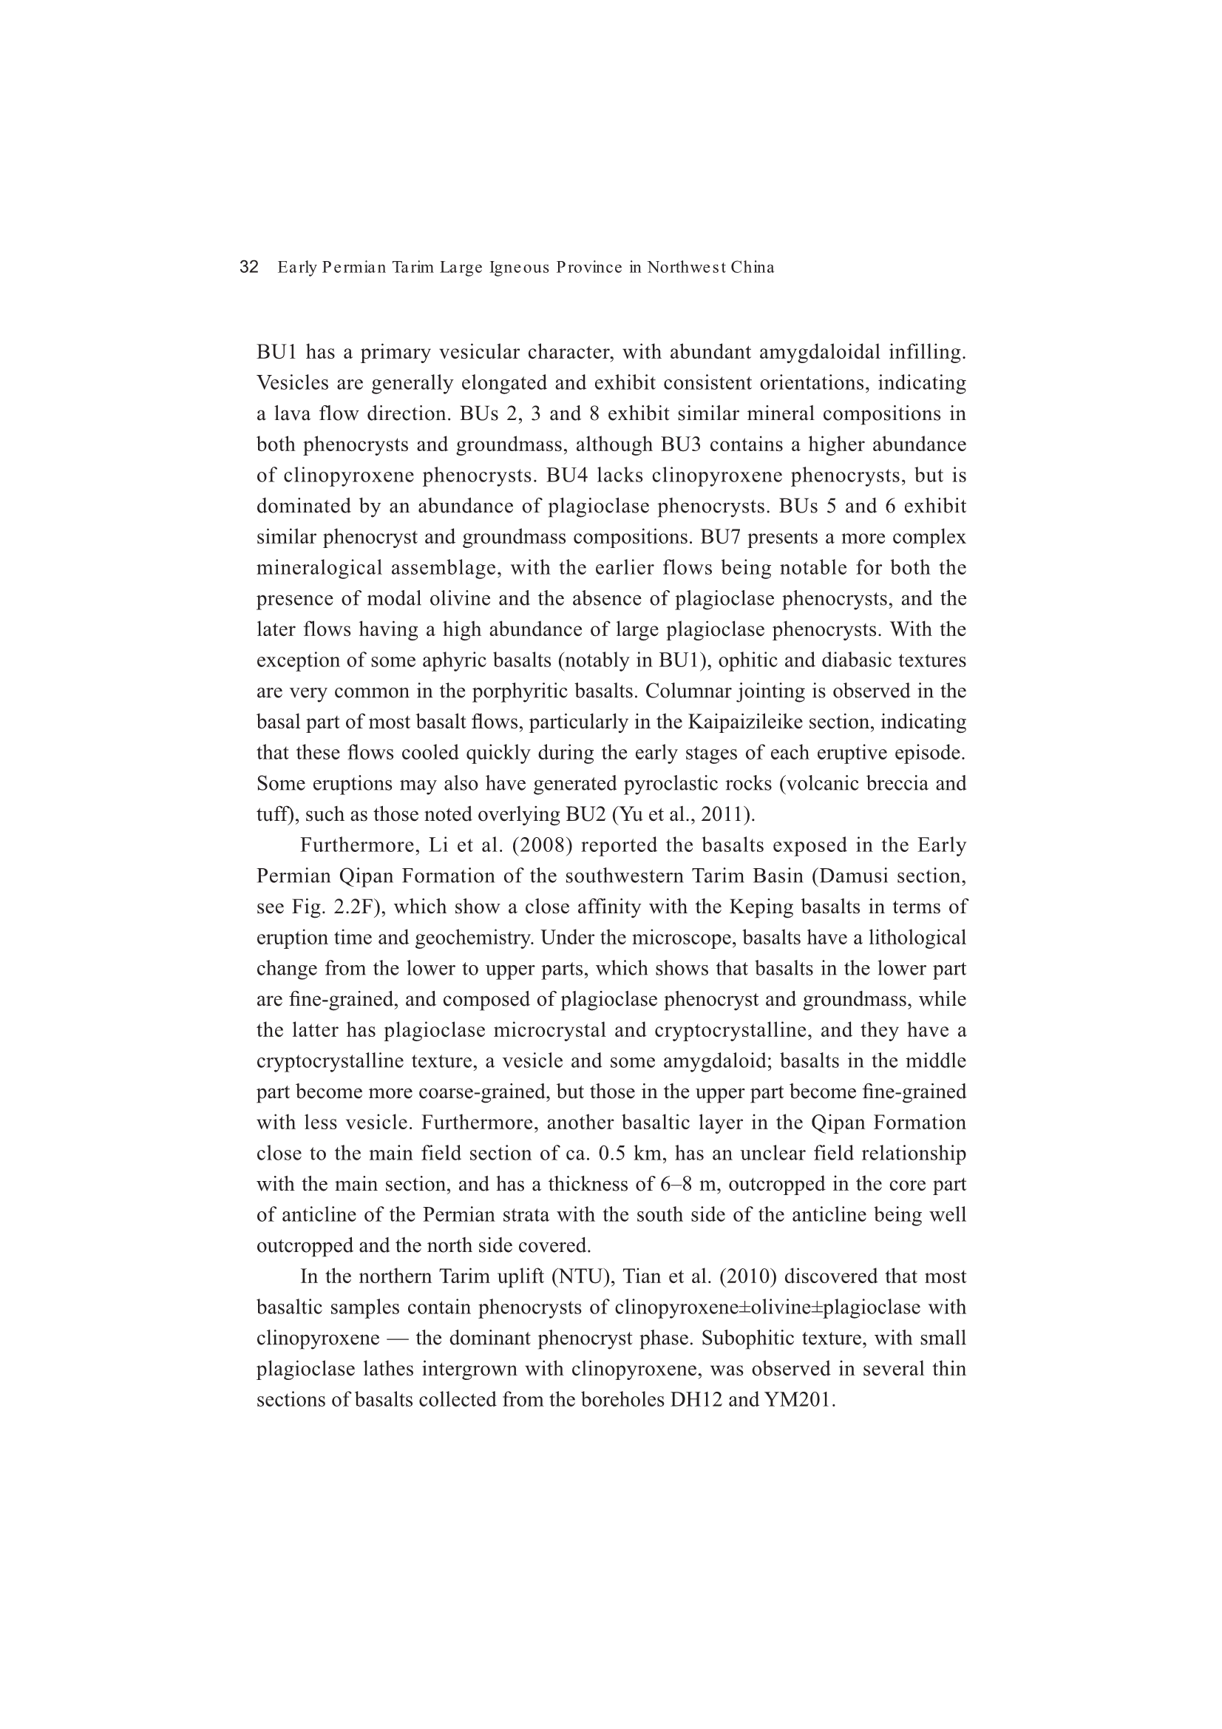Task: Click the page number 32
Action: point(248,267)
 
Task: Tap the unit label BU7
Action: point(721,538)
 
